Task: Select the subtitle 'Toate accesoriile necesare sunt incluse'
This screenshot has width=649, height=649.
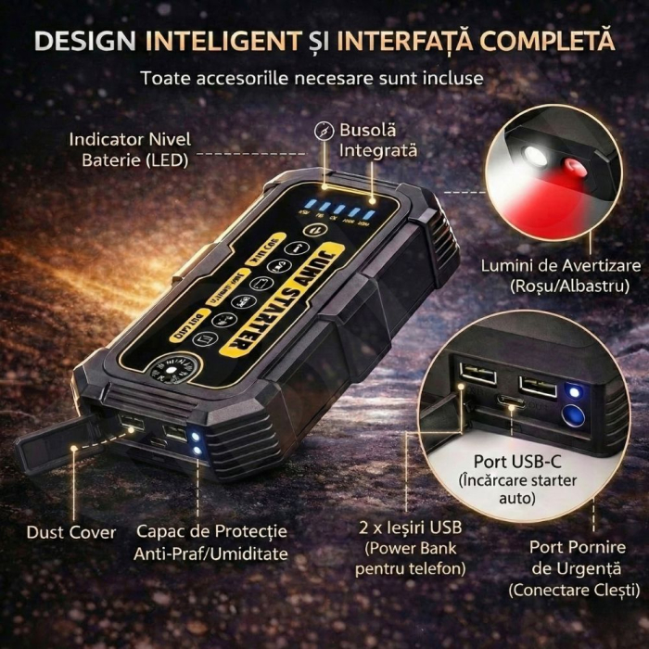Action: pyautogui.click(x=312, y=77)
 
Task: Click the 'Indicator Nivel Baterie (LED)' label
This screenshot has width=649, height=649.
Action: pyautogui.click(x=130, y=149)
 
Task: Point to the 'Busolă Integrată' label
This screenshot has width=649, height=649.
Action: pyautogui.click(x=378, y=140)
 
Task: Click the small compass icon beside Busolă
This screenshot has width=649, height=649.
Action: pyautogui.click(x=324, y=130)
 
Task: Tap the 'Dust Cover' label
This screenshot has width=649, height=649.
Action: pyautogui.click(x=71, y=532)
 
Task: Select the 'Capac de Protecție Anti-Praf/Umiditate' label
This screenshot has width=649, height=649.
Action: pyautogui.click(x=211, y=542)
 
